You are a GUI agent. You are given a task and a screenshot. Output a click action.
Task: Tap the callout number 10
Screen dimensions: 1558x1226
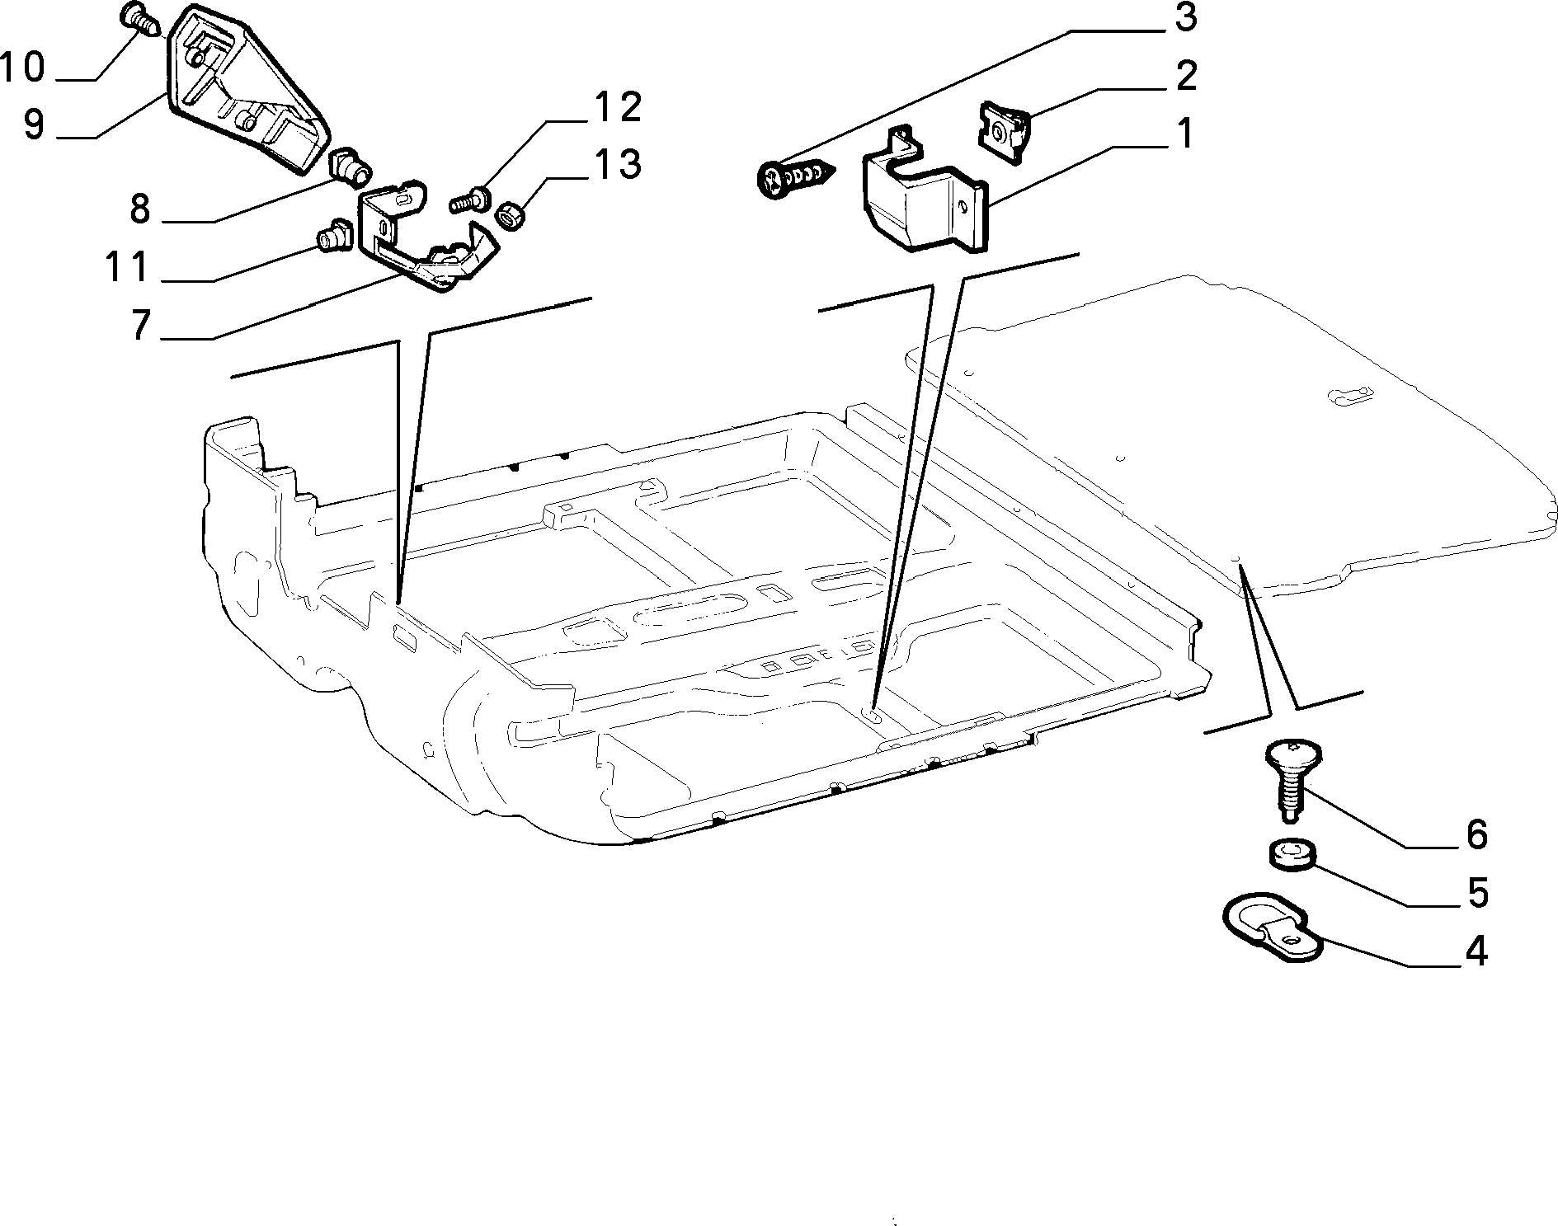coord(22,67)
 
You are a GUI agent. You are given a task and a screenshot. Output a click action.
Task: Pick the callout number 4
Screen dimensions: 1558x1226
coord(1475,951)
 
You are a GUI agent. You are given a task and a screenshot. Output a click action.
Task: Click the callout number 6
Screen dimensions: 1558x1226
coord(1476,834)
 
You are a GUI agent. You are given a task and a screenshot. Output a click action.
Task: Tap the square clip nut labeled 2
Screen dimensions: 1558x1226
coord(1004,128)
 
